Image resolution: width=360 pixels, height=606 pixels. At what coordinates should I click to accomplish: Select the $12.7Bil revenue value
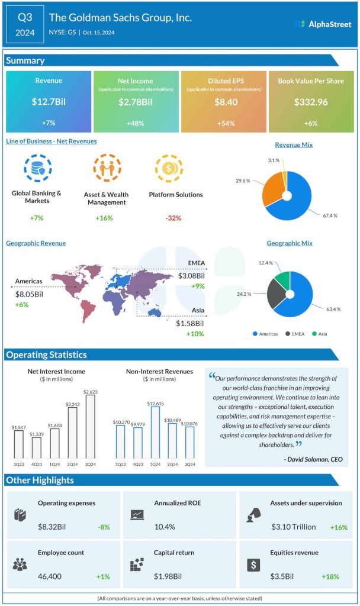click(x=49, y=102)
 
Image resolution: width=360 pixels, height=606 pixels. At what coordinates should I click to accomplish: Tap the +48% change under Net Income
click(x=136, y=124)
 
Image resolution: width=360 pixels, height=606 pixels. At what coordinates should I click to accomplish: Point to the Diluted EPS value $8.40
click(x=223, y=102)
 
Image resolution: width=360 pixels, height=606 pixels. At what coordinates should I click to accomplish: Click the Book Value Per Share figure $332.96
click(x=310, y=102)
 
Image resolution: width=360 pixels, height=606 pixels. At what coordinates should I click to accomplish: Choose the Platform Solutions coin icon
click(x=167, y=168)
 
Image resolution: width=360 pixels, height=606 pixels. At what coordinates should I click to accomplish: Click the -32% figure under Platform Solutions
click(x=173, y=218)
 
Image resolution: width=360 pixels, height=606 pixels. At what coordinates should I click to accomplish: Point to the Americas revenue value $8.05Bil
click(x=30, y=293)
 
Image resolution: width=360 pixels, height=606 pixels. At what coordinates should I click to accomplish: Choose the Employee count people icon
click(x=20, y=564)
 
